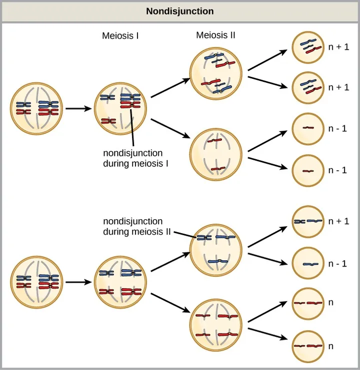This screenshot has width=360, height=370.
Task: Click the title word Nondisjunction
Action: pyautogui.click(x=179, y=11)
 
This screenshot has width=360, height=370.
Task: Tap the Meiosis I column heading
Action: pyautogui.click(x=120, y=36)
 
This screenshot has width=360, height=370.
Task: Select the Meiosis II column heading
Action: pyautogui.click(x=215, y=35)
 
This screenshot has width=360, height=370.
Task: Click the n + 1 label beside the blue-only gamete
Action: pyautogui.click(x=338, y=221)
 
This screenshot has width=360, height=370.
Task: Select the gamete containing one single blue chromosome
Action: pyautogui.click(x=308, y=263)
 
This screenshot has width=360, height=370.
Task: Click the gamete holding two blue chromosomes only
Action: pyautogui.click(x=308, y=221)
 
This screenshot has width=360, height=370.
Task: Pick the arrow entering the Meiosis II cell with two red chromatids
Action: pyautogui.click(x=170, y=128)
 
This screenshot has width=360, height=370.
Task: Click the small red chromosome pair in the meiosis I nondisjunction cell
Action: pyautogui.click(x=108, y=121)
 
